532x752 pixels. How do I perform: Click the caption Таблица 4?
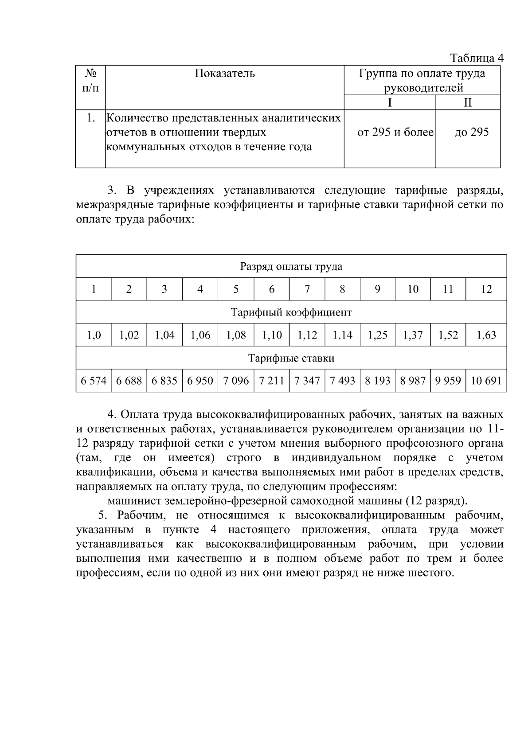click(477, 58)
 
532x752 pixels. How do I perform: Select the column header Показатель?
click(225, 74)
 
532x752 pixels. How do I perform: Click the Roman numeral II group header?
click(468, 103)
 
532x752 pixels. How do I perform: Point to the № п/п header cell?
click(90, 80)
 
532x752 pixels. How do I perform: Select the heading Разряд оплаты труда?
click(291, 266)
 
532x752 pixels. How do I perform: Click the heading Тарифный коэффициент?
click(291, 312)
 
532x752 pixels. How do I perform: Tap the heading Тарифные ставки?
click(291, 358)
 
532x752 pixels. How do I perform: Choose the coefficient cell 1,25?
click(377, 335)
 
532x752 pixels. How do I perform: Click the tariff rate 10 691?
click(486, 381)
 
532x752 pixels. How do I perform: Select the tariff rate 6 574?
click(94, 381)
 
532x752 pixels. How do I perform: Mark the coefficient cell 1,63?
click(486, 335)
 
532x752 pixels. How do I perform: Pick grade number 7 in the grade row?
click(307, 289)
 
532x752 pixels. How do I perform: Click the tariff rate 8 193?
click(377, 381)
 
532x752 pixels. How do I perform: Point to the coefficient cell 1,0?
click(94, 335)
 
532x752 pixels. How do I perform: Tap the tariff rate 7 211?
click(271, 381)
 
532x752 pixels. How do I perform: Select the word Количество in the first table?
click(137, 118)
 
